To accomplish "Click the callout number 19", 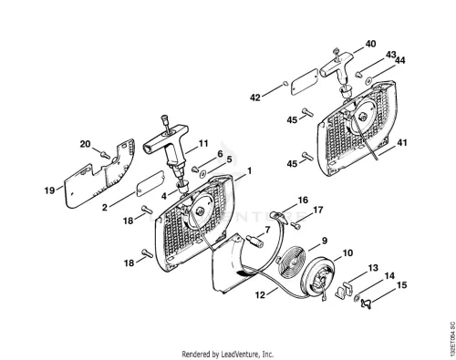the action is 49,190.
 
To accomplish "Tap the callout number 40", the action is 370,44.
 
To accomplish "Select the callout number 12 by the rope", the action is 260,294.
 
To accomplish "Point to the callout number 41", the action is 402,142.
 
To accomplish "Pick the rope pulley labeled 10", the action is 319,279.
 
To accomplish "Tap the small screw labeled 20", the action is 106,155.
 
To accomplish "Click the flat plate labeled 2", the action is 150,184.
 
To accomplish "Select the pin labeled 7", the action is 254,241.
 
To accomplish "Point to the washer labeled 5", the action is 202,174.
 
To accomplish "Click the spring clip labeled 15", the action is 366,303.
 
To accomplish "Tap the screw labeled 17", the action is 295,226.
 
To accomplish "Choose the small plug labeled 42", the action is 285,82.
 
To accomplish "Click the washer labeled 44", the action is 368,80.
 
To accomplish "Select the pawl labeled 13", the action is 344,290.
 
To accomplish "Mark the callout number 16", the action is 303,200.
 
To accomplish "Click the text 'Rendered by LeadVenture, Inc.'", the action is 228,354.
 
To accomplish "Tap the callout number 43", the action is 390,55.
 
